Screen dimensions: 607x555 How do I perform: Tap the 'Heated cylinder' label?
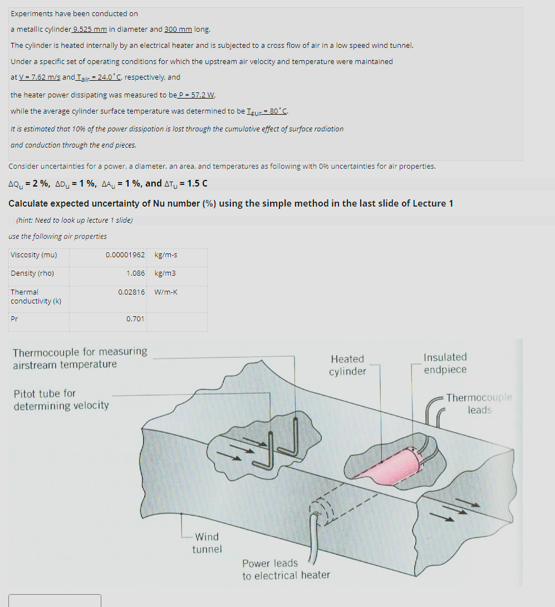tap(347, 365)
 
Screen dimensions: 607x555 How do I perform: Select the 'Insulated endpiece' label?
tap(445, 363)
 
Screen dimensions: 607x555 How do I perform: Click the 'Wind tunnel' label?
tap(207, 543)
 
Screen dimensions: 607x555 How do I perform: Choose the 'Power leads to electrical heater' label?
tap(286, 569)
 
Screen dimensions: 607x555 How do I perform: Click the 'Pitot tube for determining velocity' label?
tap(61, 399)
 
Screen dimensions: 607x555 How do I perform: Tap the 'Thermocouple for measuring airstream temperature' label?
tap(80, 358)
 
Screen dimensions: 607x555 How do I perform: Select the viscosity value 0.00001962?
tap(125, 255)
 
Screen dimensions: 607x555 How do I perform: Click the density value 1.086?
tap(135, 273)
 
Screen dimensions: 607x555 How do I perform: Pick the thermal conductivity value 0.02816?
tap(131, 292)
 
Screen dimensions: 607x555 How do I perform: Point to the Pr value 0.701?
tap(135, 319)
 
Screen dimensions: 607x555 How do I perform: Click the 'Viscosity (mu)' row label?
tap(33, 255)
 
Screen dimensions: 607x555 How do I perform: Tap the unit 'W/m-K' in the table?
tap(166, 292)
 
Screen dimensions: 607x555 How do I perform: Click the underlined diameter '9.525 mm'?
tap(89, 30)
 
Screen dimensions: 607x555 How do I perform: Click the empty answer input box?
tap(55, 600)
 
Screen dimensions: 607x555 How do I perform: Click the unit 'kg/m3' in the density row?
tap(165, 273)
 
